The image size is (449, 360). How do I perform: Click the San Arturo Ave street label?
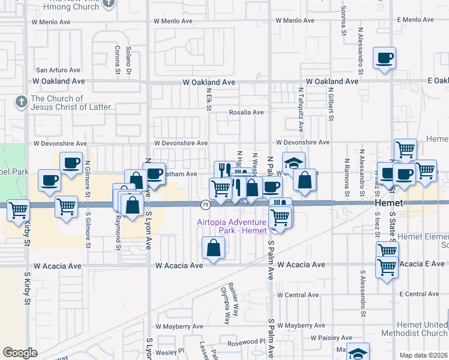click(x=58, y=70)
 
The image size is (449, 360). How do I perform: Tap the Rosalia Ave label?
click(x=247, y=112)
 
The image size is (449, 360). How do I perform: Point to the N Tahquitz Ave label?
click(x=301, y=106)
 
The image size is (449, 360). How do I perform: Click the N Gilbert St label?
click(x=331, y=103)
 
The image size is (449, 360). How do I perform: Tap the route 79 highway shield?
click(x=205, y=205)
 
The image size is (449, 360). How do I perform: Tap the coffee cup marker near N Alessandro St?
click(x=384, y=59)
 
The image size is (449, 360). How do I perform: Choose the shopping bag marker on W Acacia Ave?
click(x=214, y=247)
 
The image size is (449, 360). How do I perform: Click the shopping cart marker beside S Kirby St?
click(x=19, y=209)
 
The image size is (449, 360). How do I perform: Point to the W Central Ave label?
click(x=298, y=295)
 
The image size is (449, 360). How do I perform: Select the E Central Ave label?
click(x=423, y=294)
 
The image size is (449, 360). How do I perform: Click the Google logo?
click(x=20, y=353)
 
